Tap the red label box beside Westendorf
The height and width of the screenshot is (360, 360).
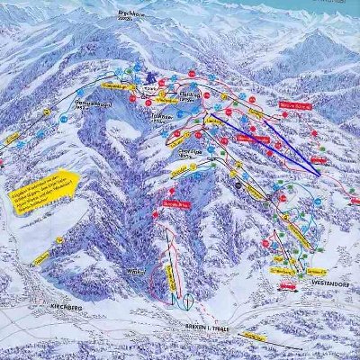tap(287, 286)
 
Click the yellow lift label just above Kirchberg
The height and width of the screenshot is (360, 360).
tap(41, 257)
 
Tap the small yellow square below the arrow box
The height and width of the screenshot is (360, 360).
tap(58, 238)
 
